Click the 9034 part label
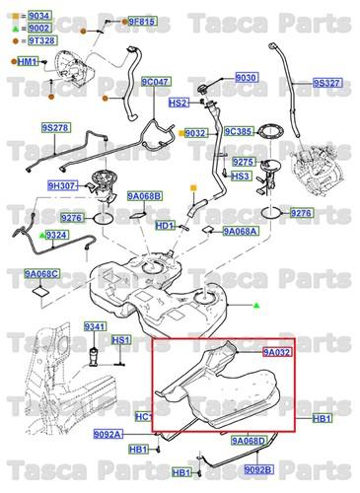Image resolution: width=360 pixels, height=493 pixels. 38,18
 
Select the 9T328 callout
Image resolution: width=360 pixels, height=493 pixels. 38,42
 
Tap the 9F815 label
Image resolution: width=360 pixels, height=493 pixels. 141,22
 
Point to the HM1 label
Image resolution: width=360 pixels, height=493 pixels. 27,62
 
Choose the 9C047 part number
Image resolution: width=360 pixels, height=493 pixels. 155,83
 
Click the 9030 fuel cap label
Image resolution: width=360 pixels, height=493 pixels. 246,78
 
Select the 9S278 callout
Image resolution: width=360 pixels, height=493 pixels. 55,128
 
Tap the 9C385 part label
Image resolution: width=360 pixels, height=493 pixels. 239,131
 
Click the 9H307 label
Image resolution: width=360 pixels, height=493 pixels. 62,185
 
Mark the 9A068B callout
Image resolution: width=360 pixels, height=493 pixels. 144,196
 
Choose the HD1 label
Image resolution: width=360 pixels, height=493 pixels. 165,226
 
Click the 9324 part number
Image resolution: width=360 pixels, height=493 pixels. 56,235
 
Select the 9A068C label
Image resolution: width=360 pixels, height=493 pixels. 41,273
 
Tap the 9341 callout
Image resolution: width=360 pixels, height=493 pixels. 95,326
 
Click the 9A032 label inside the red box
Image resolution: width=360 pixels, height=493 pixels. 278,350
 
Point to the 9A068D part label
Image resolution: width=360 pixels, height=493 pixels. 249,441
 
